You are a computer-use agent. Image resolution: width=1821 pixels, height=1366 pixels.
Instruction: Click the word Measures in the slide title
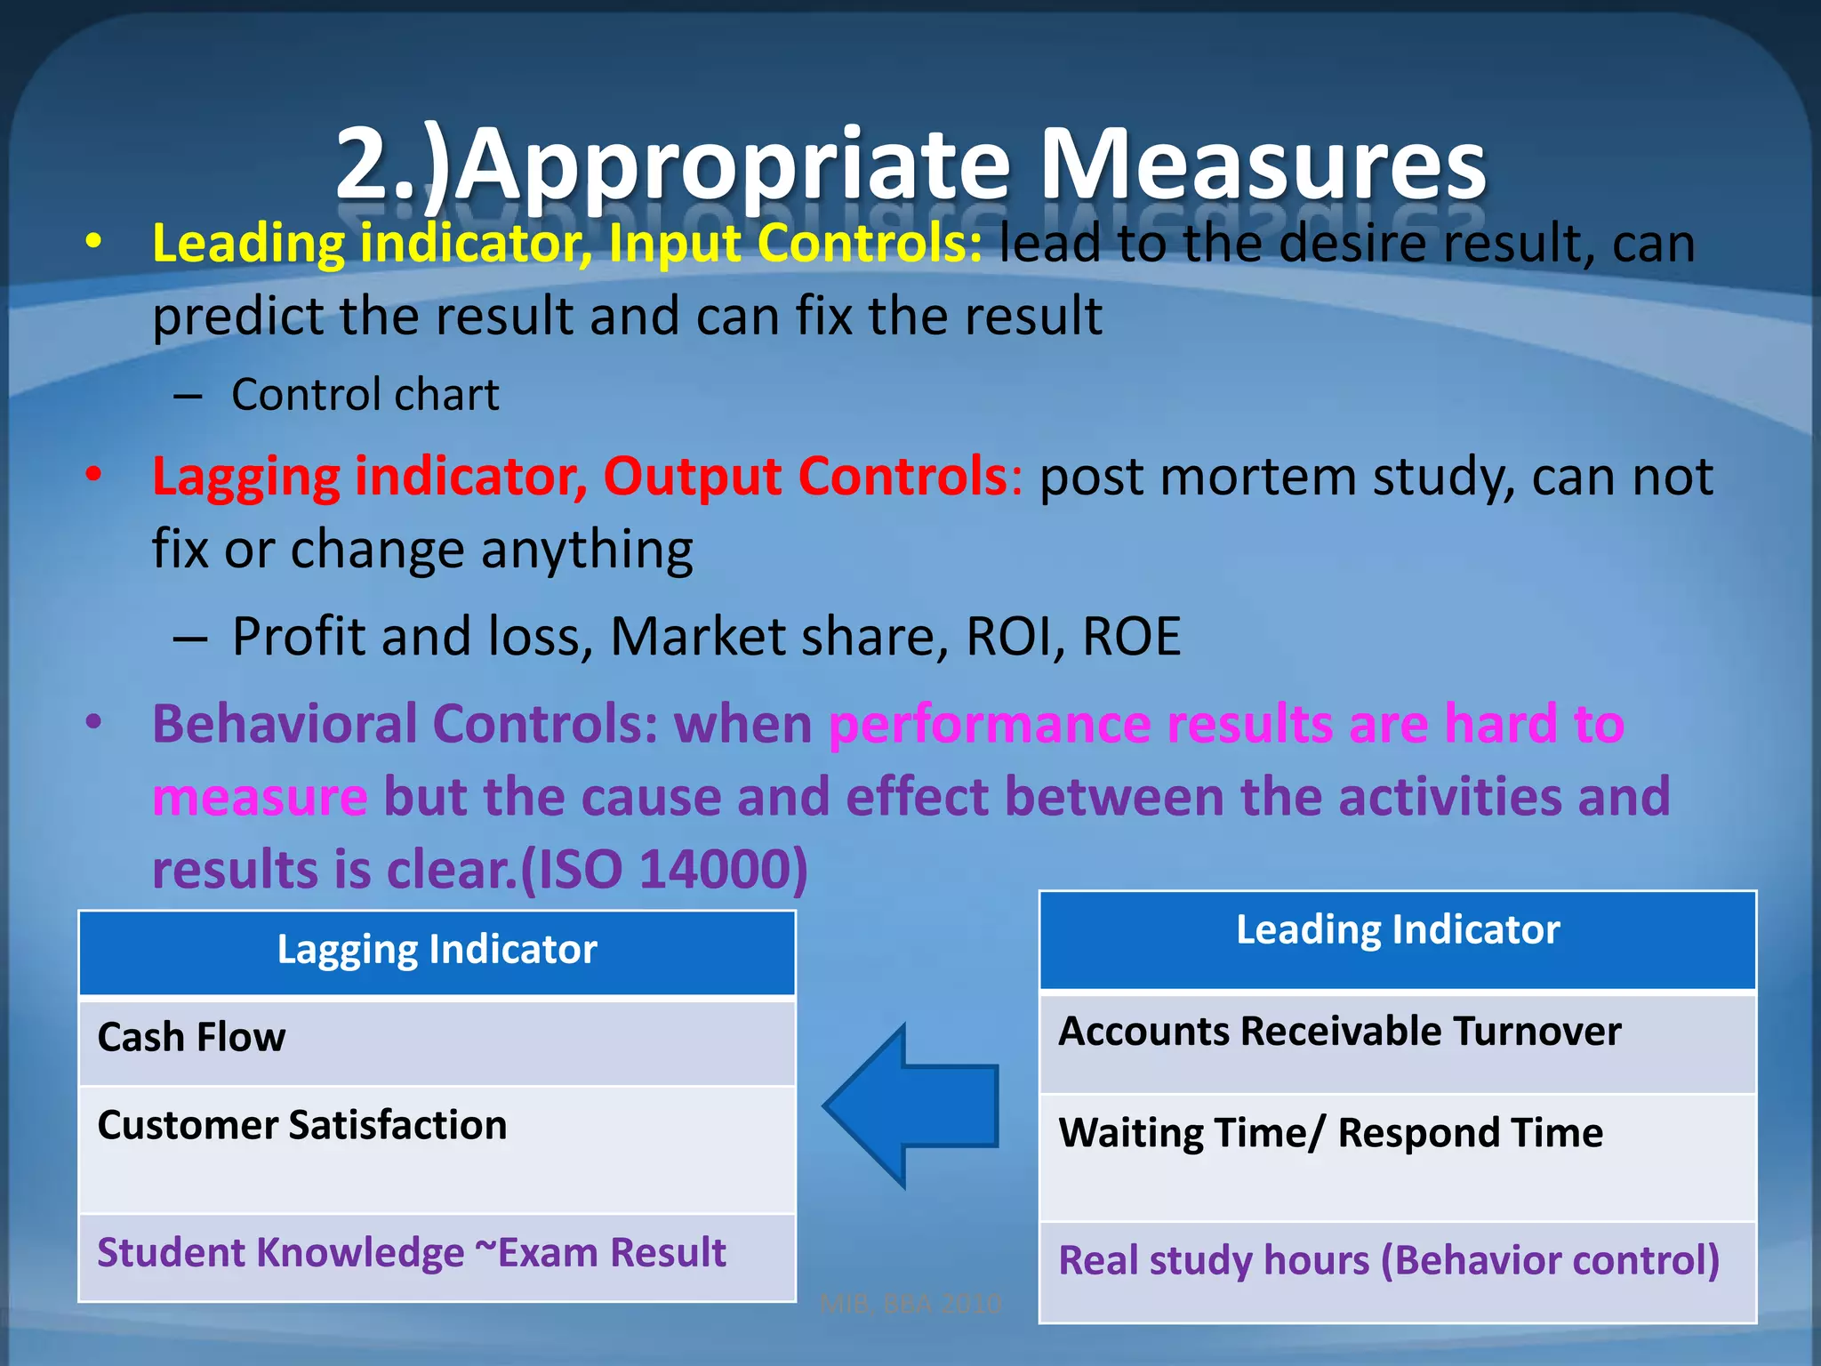[x=1263, y=165]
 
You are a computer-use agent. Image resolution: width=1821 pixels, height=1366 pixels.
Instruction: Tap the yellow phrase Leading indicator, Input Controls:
[x=567, y=243]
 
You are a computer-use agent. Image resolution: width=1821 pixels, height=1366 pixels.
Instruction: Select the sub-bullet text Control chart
[x=365, y=395]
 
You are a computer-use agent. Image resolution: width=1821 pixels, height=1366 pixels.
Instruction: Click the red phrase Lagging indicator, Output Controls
[x=579, y=477]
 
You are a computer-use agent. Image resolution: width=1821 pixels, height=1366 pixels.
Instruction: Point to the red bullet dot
[x=93, y=475]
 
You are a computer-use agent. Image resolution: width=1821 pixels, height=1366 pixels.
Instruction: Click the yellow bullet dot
[x=93, y=242]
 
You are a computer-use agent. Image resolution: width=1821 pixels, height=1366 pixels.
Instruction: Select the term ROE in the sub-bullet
[x=1131, y=637]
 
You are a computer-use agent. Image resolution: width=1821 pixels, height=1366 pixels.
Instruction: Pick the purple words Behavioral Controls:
[x=405, y=724]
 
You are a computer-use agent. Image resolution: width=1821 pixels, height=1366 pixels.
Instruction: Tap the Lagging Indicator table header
[x=437, y=951]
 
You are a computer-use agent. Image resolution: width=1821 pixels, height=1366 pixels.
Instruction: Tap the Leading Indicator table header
[x=1398, y=931]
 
